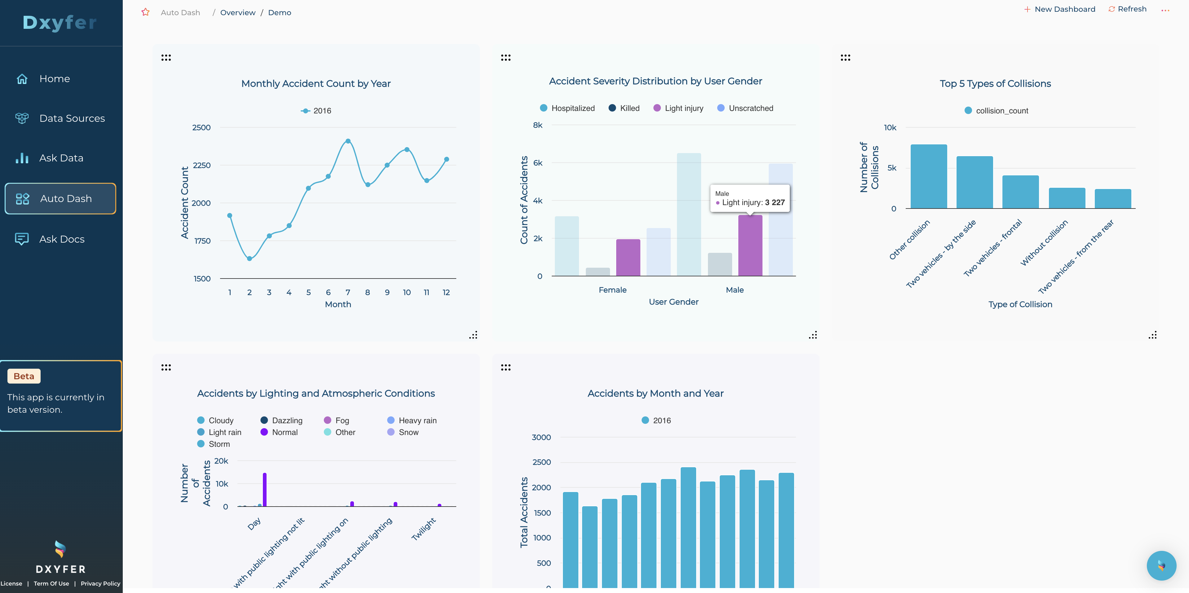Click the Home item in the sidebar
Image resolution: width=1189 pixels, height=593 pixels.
[x=55, y=79]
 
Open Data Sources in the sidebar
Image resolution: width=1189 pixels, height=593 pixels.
[x=72, y=119]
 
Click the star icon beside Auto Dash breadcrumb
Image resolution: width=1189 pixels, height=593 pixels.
[x=145, y=12]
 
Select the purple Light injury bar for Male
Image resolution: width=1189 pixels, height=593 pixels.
[x=750, y=245]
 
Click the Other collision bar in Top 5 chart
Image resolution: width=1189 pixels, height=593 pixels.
[x=929, y=177]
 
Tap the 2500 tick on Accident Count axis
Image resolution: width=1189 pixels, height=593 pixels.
[x=201, y=128]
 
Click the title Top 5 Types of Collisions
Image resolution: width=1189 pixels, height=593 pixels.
[x=995, y=84]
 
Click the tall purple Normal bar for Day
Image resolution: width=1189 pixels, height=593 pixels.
[x=264, y=490]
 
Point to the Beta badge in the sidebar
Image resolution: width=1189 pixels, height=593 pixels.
[x=24, y=376]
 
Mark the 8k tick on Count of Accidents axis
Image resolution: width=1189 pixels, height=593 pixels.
[x=538, y=125]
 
